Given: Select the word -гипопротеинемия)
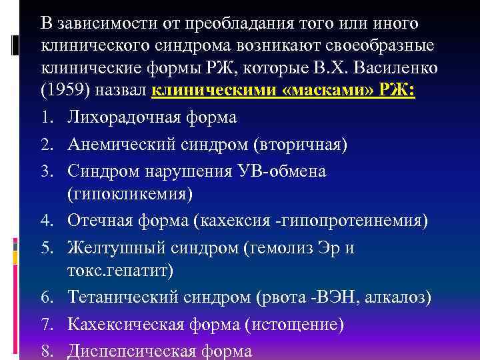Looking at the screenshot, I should [354, 221].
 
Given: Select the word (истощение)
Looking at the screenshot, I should [294, 325].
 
